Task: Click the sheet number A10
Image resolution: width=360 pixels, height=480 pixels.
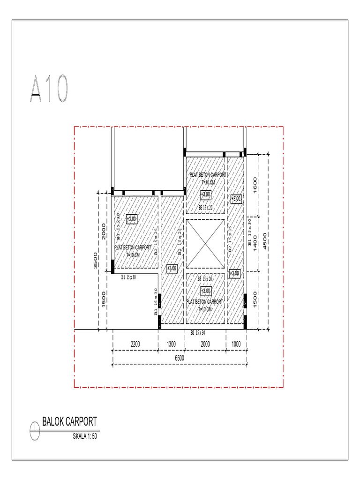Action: pyautogui.click(x=50, y=89)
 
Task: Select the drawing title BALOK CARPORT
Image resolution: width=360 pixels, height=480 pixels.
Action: pyautogui.click(x=69, y=420)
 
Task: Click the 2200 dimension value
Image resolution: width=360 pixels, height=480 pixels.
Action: pyautogui.click(x=135, y=344)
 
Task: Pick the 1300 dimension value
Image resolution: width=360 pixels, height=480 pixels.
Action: pyautogui.click(x=172, y=344)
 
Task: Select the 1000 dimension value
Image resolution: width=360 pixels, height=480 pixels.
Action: pyautogui.click(x=236, y=344)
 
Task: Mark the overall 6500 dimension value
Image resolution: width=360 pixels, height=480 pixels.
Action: pyautogui.click(x=180, y=358)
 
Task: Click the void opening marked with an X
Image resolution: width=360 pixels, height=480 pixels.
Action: pyautogui.click(x=205, y=243)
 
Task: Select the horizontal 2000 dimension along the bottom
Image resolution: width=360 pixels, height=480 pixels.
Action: pyautogui.click(x=205, y=344)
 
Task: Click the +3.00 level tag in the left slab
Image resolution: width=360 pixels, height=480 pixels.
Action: pyautogui.click(x=132, y=218)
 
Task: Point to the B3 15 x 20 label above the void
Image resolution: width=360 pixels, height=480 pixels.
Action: pyautogui.click(x=205, y=207)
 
